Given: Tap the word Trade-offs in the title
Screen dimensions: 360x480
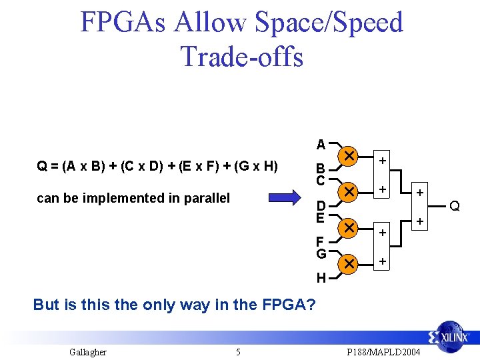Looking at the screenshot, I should click(242, 56).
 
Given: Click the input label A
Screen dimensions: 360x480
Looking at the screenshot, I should click(321, 145).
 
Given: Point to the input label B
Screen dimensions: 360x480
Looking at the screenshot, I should click(320, 169).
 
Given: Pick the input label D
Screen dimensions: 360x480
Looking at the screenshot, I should click(320, 206).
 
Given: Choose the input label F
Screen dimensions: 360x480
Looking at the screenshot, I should click(320, 242).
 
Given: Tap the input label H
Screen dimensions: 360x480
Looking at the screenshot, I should click(321, 278).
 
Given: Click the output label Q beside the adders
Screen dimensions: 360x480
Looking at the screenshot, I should click(455, 206).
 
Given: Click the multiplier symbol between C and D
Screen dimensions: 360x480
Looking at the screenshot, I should click(348, 192).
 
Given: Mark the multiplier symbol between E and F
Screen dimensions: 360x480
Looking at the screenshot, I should click(348, 228).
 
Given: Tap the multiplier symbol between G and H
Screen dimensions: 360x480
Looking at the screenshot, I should click(348, 264).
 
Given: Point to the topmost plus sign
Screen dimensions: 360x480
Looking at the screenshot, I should click(383, 160).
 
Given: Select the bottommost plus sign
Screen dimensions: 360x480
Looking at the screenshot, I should click(383, 262).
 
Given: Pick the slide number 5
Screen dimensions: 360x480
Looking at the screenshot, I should click(238, 351).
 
